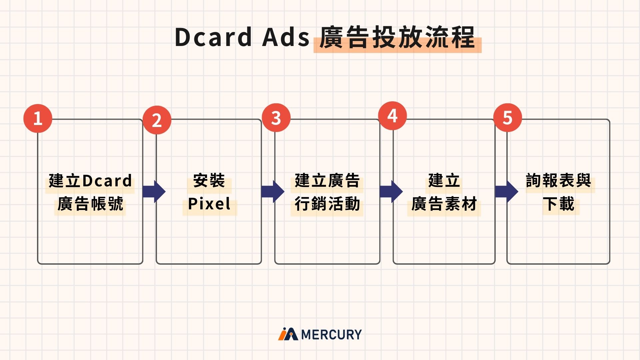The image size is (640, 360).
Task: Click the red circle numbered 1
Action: (38, 118)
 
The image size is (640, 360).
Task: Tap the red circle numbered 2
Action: (157, 120)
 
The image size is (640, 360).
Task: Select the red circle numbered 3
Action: (276, 118)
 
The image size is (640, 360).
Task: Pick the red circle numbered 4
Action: (392, 116)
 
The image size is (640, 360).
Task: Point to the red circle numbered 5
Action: (507, 117)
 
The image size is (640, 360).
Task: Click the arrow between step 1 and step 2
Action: (154, 191)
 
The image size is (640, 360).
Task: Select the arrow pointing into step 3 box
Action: (273, 191)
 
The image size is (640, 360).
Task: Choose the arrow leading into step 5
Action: (506, 191)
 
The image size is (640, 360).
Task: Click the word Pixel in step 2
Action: (209, 204)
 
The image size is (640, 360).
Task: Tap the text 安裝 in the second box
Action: (209, 181)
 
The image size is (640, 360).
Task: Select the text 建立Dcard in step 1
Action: (90, 181)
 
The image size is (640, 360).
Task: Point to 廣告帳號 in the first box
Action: (90, 204)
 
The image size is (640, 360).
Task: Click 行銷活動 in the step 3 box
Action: (327, 204)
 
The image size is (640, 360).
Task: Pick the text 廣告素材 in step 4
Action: (444, 204)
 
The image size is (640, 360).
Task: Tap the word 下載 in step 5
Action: (559, 204)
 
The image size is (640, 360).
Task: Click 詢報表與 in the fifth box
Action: (559, 181)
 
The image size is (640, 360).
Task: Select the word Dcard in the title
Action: (213, 37)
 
